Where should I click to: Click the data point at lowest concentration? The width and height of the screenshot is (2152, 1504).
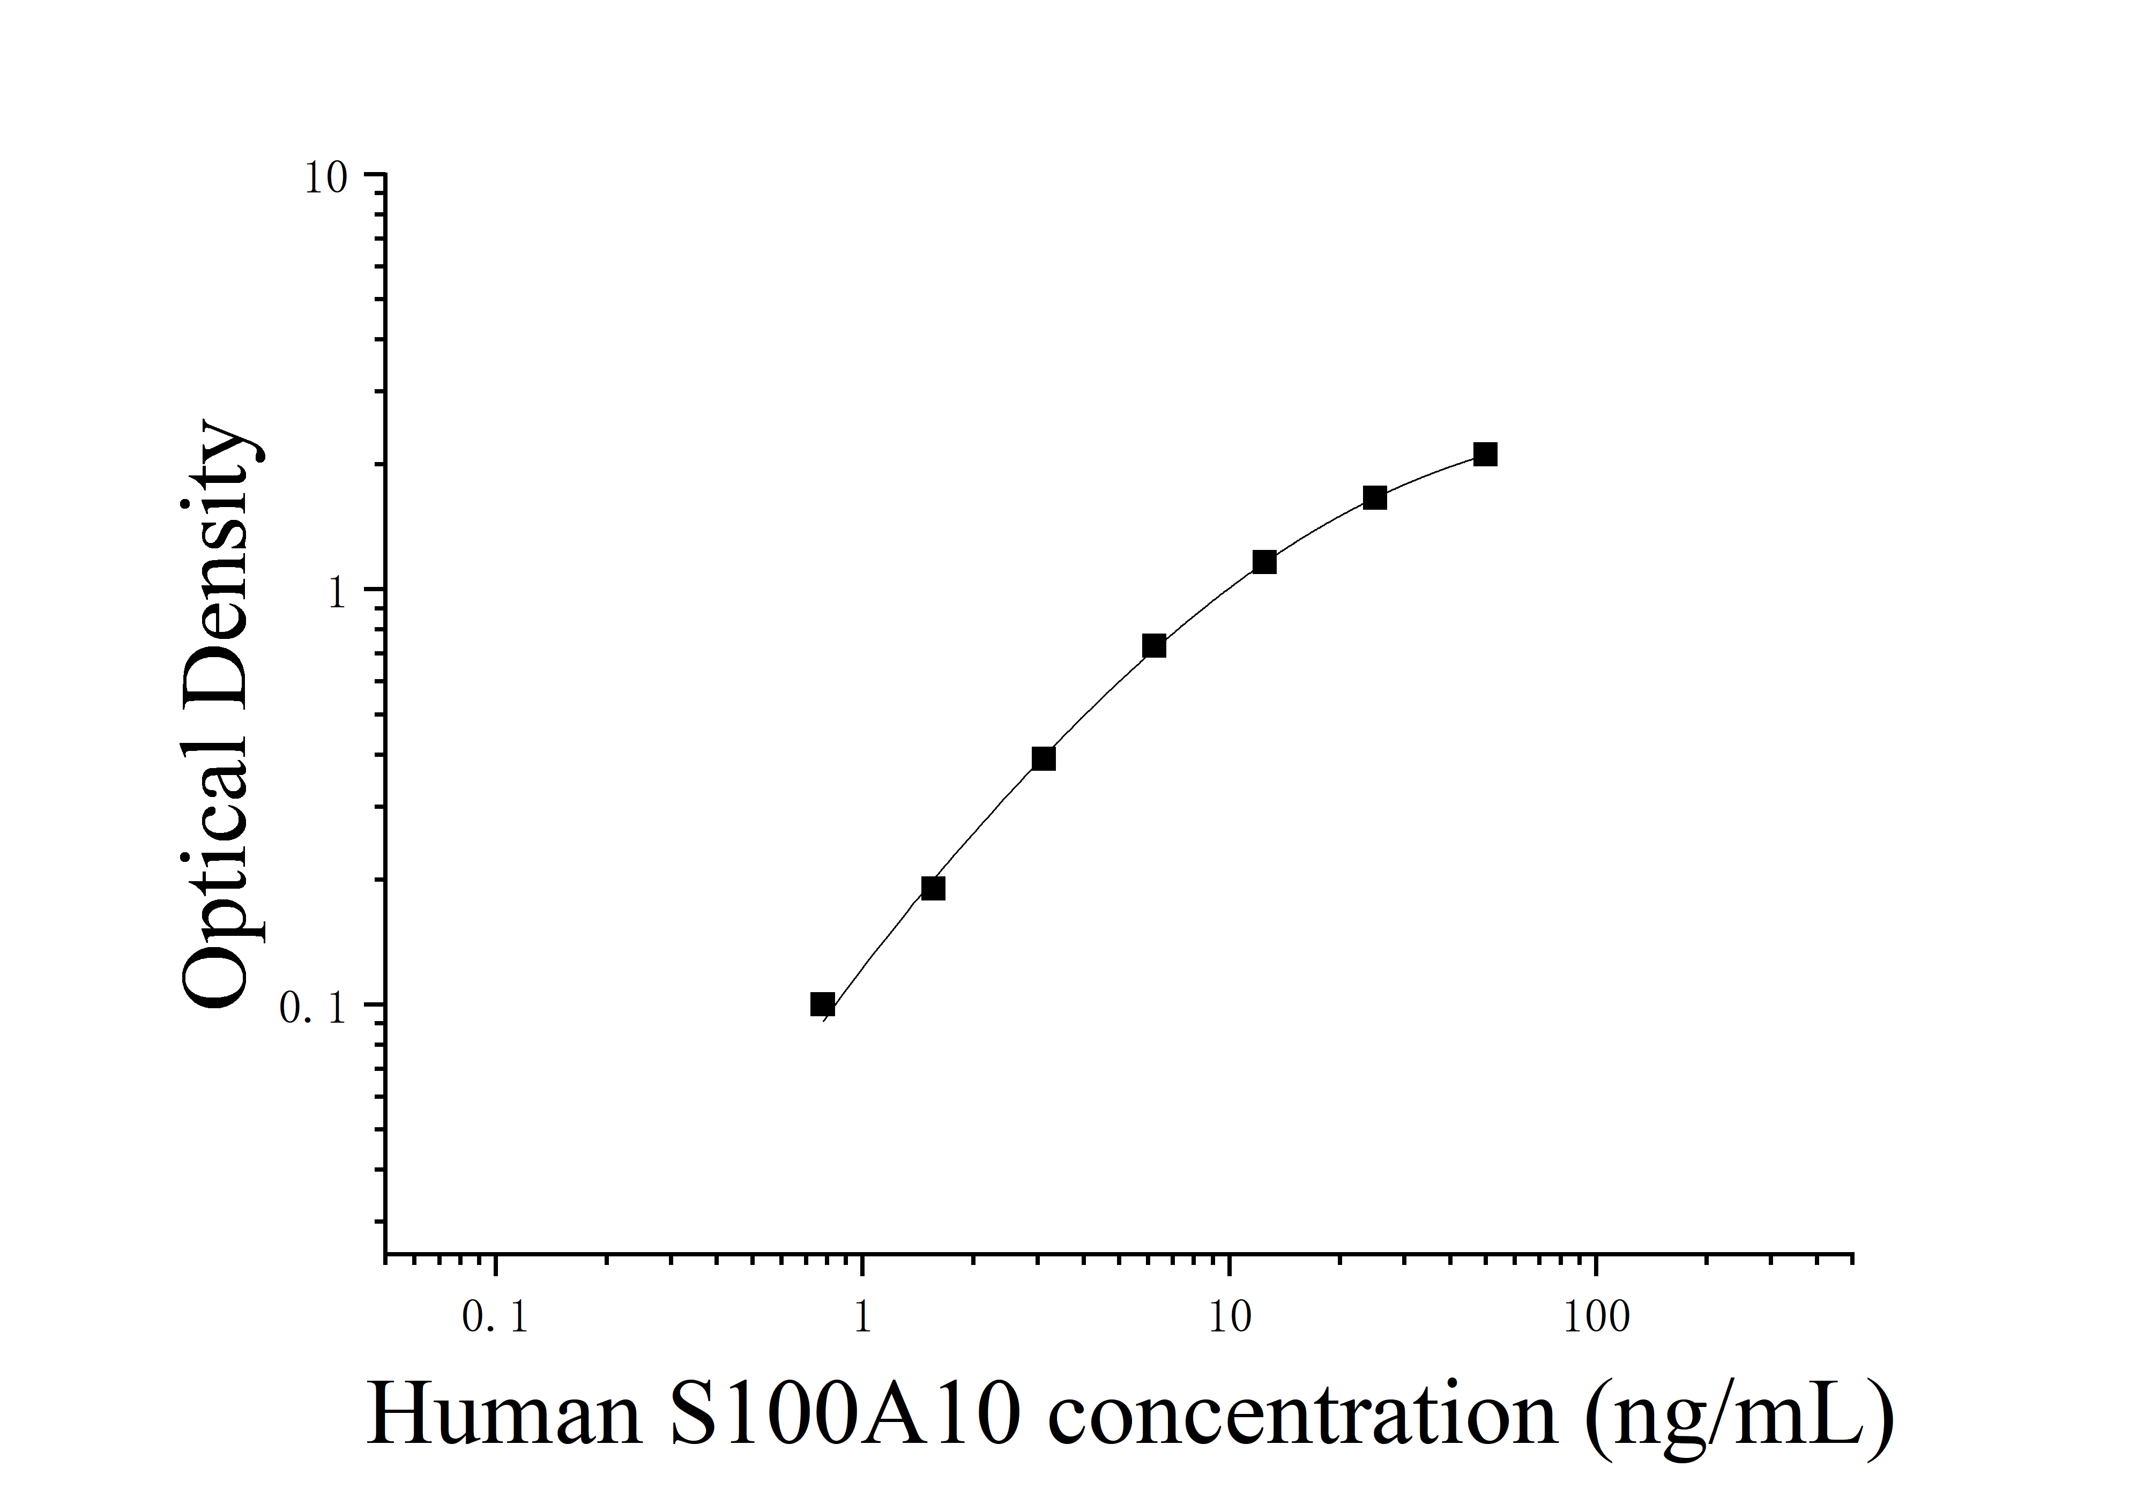(822, 1004)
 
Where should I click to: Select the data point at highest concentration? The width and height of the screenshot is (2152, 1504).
(1485, 455)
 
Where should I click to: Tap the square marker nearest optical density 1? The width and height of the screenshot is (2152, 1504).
(1263, 562)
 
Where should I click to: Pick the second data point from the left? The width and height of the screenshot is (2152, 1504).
(933, 888)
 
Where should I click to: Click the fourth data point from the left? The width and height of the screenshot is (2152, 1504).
(1154, 646)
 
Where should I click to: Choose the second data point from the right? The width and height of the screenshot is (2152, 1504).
(1374, 497)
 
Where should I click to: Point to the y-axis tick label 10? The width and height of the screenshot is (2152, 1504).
(325, 178)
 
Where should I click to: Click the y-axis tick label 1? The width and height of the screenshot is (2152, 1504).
(338, 593)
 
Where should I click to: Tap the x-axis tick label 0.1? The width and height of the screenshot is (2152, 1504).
(495, 1320)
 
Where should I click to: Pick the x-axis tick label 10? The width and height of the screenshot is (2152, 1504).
(1229, 1320)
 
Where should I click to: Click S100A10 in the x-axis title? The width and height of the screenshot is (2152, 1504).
(844, 1415)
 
